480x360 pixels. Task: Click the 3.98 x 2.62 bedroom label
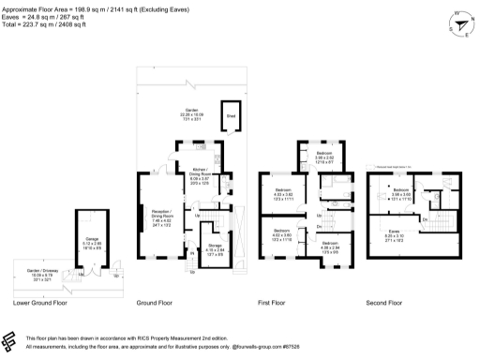point(324,157)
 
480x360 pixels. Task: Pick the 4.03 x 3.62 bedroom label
point(282,194)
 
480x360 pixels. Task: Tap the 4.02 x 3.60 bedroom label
point(282,234)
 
